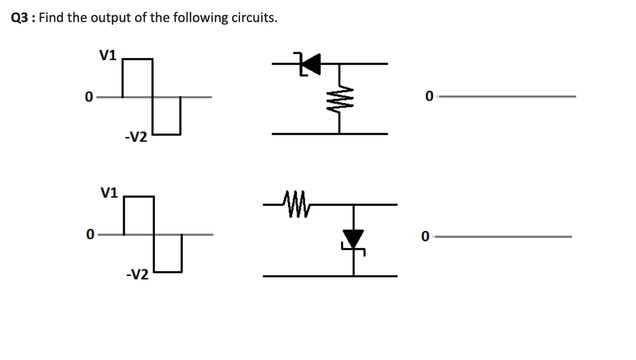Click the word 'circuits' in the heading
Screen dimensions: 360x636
[x=252, y=18]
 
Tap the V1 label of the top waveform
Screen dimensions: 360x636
[x=108, y=56]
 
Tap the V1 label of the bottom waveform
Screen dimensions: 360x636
[x=109, y=192]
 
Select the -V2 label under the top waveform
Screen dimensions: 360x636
[x=136, y=137]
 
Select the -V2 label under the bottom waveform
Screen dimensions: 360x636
[x=137, y=275]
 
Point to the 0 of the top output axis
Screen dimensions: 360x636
[x=429, y=96]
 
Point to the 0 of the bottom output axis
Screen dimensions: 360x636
[x=425, y=237]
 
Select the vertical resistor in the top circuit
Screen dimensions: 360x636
[x=339, y=99]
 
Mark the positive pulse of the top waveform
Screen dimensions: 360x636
[x=138, y=78]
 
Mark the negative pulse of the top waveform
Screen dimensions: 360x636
[x=166, y=116]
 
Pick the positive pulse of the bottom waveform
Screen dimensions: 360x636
[x=139, y=215]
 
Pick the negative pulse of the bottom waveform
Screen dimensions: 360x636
[x=168, y=253]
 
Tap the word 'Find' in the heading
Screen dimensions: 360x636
[x=52, y=18]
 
